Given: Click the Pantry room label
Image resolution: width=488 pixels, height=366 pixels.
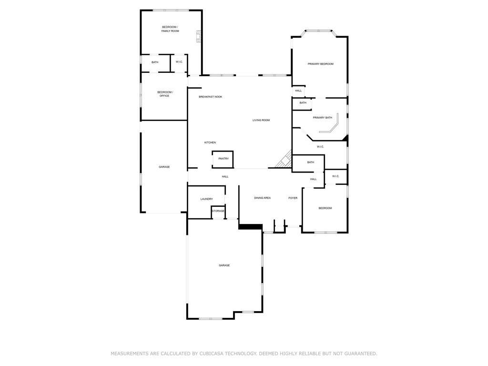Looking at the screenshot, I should point(223,159).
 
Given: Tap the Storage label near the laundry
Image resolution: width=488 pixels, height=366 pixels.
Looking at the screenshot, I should point(218,211).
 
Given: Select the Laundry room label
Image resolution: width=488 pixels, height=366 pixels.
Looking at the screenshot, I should point(206,199).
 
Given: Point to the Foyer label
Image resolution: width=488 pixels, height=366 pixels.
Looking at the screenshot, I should point(293,198).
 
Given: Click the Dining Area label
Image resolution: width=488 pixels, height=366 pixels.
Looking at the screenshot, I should point(262,198).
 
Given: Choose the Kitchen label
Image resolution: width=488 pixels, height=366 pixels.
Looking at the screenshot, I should point(210,142).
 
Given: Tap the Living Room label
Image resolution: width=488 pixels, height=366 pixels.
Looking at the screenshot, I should point(261,120).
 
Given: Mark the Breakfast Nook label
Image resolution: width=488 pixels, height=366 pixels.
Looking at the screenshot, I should point(211,97).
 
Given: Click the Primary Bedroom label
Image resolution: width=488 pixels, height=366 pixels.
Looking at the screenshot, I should point(320,64).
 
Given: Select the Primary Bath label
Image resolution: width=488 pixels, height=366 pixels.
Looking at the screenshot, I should point(323,118).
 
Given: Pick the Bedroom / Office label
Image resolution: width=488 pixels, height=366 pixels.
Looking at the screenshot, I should point(164,94).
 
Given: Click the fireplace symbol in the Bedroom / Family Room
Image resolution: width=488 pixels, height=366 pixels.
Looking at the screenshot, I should point(199,37).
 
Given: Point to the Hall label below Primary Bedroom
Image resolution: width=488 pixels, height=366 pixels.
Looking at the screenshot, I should point(298,91).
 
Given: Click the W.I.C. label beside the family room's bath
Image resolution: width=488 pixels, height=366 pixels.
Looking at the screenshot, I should point(179,62).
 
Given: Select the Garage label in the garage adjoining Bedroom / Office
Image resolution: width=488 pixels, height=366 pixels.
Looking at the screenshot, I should point(164,167).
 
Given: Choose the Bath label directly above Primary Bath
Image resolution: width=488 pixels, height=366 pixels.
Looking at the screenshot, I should point(303,103).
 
